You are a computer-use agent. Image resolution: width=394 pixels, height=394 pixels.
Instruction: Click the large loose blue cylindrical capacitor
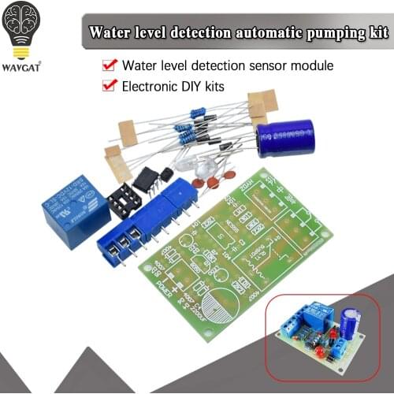point(284,138)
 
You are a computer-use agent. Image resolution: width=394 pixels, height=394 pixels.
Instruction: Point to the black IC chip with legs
point(148,179)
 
